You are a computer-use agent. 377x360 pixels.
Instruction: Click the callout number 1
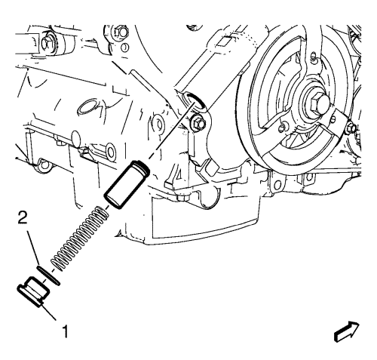(x=65, y=331)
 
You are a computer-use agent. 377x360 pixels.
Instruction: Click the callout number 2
(x=23, y=217)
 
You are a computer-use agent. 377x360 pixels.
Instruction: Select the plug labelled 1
(x=34, y=291)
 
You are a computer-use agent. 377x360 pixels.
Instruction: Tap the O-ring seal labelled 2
(x=48, y=275)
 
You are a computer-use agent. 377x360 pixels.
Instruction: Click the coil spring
(x=80, y=238)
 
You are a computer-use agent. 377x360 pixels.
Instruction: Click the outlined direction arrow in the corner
(x=347, y=331)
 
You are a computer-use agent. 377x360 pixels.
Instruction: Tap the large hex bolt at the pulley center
(x=317, y=103)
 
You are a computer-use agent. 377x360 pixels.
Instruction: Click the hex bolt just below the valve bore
(x=198, y=123)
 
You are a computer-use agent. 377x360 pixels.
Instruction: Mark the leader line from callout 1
(x=48, y=312)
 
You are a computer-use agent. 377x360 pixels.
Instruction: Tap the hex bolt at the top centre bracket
(x=121, y=31)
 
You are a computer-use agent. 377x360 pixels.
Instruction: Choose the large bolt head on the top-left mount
(x=47, y=44)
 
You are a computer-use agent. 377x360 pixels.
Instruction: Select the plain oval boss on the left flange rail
(x=75, y=138)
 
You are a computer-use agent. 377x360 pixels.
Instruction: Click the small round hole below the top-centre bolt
(x=124, y=47)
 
